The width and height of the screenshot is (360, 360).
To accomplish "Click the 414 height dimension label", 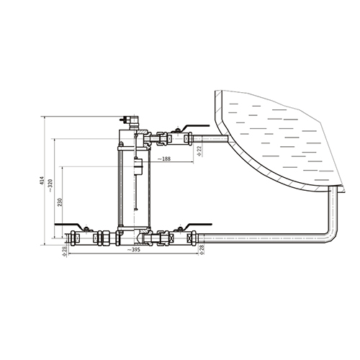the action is tap(42, 181).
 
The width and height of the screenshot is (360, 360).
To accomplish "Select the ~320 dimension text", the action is tap(50, 186).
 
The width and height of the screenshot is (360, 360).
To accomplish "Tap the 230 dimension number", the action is tap(60, 202).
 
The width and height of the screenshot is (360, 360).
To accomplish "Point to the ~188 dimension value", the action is tap(164, 158).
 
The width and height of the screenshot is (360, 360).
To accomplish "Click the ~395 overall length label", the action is tap(133, 250).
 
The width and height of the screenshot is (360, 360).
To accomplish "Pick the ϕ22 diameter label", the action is tap(199, 151).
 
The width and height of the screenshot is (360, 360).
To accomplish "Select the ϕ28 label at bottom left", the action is tap(64, 251).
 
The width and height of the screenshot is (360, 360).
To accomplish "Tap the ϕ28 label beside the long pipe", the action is tap(202, 250).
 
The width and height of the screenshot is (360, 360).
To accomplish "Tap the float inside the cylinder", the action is tap(138, 166).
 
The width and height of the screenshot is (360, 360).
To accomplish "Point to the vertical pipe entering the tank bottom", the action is tap(333, 207).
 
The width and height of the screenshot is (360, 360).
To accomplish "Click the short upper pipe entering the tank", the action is tap(210, 139).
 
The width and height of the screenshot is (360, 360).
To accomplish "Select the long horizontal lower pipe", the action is tap(264, 238).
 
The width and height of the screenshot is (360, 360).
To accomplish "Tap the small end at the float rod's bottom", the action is tap(136, 210).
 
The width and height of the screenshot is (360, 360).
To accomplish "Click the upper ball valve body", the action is tap(177, 139).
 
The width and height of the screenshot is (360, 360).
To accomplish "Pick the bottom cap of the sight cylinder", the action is tap(135, 228).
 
